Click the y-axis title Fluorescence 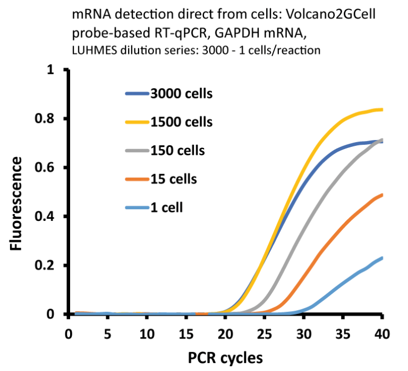coord(17,203)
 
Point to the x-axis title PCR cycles coord(225,357)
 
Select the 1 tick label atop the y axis coord(51,70)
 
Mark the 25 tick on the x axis coord(264,334)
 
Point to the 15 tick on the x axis coord(185,334)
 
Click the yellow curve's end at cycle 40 coord(381,110)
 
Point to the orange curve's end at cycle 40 coord(381,195)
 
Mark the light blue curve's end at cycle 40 coord(381,258)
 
